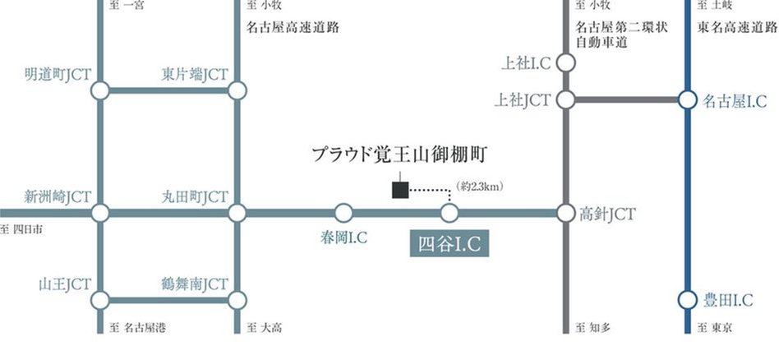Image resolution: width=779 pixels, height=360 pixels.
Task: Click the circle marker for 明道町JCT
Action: pos(100,90)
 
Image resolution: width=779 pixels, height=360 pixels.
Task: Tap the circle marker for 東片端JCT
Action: pos(237,90)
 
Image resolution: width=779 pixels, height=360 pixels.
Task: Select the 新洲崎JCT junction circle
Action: pos(100,214)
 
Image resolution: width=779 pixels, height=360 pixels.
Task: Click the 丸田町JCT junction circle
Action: pos(237,214)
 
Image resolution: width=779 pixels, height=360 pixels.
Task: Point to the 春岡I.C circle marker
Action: pos(343,214)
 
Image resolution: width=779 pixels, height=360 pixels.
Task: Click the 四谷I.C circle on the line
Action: pos(449,214)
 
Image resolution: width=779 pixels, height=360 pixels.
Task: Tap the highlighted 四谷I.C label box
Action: pos(449,244)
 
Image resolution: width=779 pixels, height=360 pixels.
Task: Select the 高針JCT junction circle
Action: pos(565,214)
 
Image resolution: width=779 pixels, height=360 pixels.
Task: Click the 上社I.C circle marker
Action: pos(565,62)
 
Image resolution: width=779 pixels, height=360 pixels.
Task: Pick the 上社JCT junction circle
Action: pos(565,100)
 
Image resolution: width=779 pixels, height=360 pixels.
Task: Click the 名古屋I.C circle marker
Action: pos(688,100)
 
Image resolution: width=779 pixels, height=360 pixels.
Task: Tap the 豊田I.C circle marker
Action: pos(688,300)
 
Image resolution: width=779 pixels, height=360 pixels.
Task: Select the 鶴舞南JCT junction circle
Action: pos(237,300)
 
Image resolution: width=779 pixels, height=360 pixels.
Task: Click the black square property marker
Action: pos(400,191)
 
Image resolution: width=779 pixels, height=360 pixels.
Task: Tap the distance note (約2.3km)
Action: pos(479,187)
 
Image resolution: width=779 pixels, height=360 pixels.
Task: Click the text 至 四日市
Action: pos(21,229)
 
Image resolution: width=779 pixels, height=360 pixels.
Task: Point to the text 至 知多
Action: pos(593,329)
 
